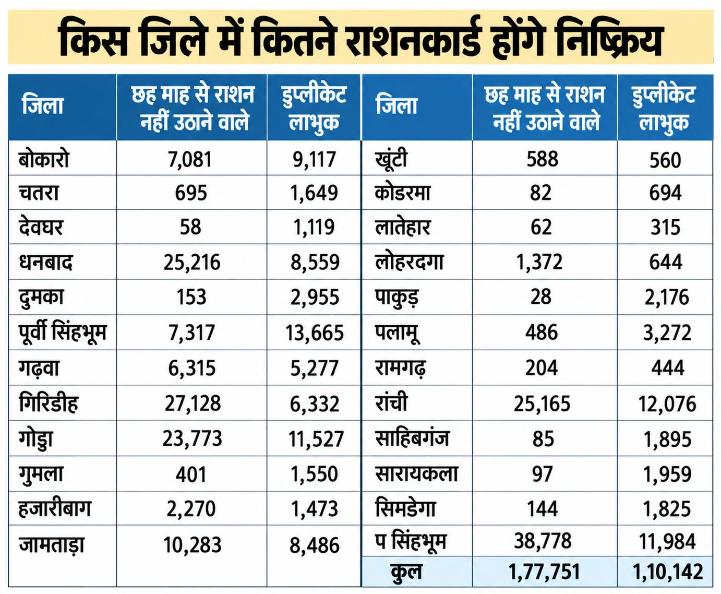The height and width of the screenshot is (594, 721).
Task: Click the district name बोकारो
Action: pyautogui.click(x=44, y=159)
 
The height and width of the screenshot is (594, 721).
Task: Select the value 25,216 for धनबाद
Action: pyautogui.click(x=191, y=262)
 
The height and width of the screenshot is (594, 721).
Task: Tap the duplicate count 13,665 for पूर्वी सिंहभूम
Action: pyautogui.click(x=315, y=333)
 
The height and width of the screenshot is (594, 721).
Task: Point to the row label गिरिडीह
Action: pyautogui.click(x=49, y=403)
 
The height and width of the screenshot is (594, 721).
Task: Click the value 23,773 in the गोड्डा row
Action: pyautogui.click(x=192, y=438)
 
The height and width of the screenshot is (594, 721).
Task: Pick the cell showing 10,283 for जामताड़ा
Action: pyautogui.click(x=192, y=545)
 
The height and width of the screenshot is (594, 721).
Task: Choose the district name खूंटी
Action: pyautogui.click(x=391, y=160)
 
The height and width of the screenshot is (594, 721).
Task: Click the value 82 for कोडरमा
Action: pyautogui.click(x=540, y=193)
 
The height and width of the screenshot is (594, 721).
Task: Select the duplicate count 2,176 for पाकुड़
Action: pyautogui.click(x=666, y=297)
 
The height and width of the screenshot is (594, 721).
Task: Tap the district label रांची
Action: pyautogui.click(x=391, y=402)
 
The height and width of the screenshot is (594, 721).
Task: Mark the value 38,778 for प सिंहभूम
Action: pyautogui.click(x=543, y=541)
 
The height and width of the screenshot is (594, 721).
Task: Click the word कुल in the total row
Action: pyautogui.click(x=406, y=572)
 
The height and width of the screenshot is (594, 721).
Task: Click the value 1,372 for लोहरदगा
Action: pyautogui.click(x=539, y=262)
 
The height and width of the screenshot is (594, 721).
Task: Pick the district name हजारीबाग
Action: pyautogui.click(x=55, y=508)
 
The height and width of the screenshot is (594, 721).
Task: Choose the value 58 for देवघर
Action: pyautogui.click(x=190, y=228)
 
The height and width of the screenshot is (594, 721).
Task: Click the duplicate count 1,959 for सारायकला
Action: pyautogui.click(x=667, y=474)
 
